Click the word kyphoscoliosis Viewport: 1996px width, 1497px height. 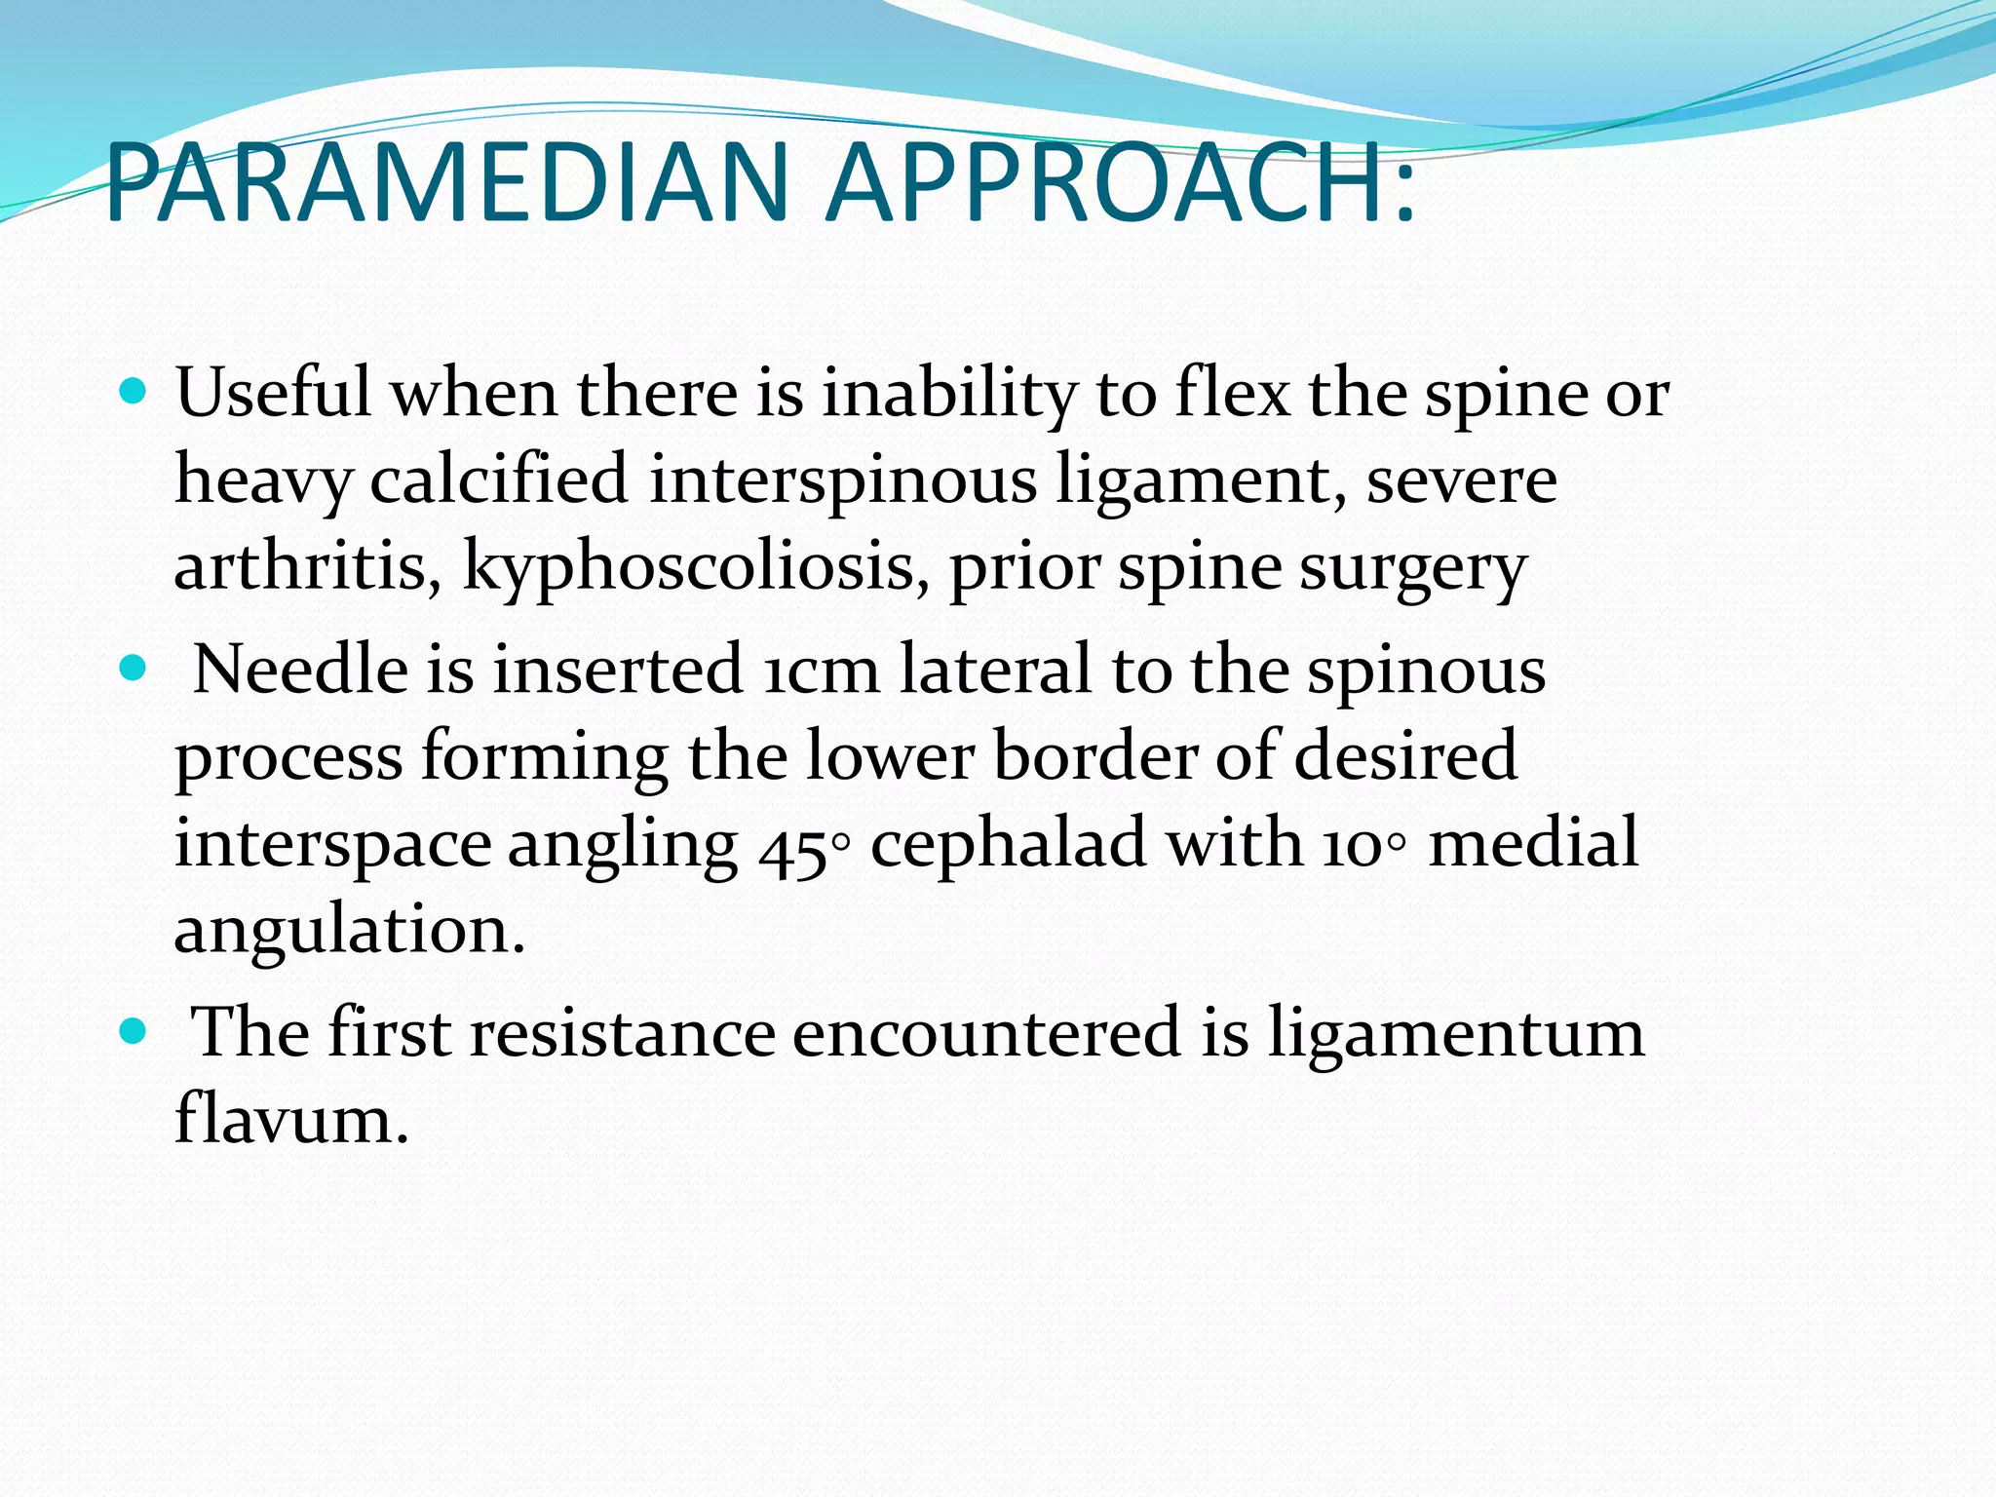click(x=694, y=567)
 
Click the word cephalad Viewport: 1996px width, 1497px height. click(x=1008, y=843)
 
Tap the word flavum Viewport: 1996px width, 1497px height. click(x=290, y=1119)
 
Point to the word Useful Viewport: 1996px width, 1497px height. click(x=273, y=393)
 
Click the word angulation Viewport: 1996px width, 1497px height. click(x=349, y=932)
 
